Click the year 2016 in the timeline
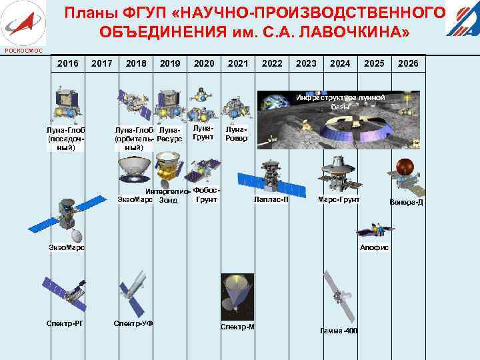click(67, 63)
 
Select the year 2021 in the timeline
click(238, 63)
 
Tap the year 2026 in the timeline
click(407, 63)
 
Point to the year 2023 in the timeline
click(306, 63)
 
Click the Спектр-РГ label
click(65, 323)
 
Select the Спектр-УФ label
click(133, 323)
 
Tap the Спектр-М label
click(238, 327)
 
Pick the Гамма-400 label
click(338, 331)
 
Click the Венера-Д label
click(406, 201)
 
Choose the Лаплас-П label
click(271, 199)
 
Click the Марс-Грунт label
click(339, 199)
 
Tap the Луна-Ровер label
click(237, 134)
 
